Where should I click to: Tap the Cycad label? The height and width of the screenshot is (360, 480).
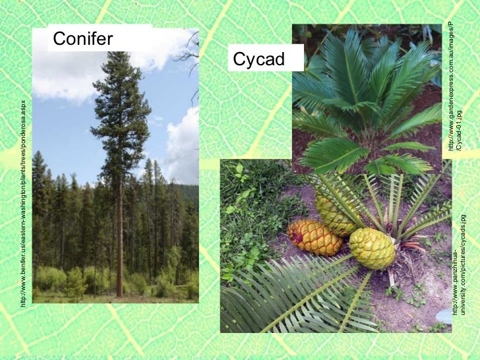click(x=258, y=60)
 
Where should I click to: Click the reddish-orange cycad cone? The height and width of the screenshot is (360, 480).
click(x=315, y=237)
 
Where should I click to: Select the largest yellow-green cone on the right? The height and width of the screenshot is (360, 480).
click(x=372, y=248)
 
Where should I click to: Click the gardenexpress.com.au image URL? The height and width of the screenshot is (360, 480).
click(x=451, y=86)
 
